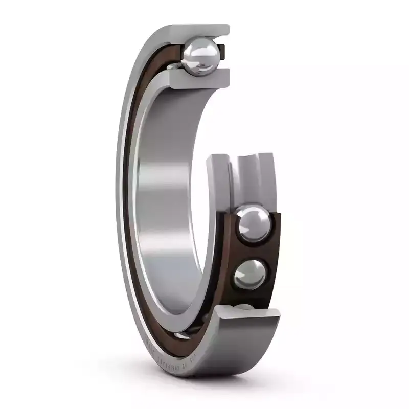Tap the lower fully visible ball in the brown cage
(250, 274)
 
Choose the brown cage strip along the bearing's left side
(132, 204)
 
